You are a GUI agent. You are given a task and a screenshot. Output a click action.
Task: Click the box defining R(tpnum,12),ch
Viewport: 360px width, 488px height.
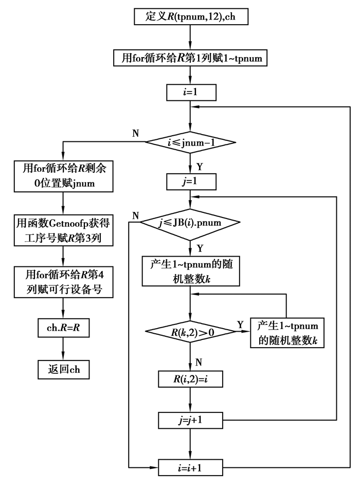[191, 17]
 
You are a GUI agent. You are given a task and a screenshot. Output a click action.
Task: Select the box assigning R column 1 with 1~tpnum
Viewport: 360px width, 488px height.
[191, 58]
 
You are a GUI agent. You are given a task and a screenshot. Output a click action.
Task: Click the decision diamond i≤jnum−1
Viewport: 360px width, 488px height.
[191, 142]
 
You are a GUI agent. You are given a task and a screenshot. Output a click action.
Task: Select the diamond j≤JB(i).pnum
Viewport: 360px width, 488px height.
[191, 223]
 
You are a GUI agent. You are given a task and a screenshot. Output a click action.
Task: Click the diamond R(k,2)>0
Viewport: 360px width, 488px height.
[191, 331]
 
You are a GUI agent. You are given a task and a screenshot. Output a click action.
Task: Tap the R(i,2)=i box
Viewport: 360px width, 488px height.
[191, 381]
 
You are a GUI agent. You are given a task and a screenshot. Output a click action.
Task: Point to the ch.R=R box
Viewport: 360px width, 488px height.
[63, 326]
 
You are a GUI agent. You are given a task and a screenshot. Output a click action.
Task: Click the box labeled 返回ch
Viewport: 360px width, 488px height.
[63, 368]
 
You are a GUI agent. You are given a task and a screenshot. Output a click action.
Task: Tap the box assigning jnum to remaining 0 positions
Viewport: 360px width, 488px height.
[63, 176]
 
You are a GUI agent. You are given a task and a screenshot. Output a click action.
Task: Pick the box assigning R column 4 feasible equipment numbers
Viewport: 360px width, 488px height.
[63, 281]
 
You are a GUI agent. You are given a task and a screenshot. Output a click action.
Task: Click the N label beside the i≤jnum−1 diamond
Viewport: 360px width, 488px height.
[135, 134]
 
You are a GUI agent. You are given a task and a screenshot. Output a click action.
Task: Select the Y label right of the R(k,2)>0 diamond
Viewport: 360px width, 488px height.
[240, 324]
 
